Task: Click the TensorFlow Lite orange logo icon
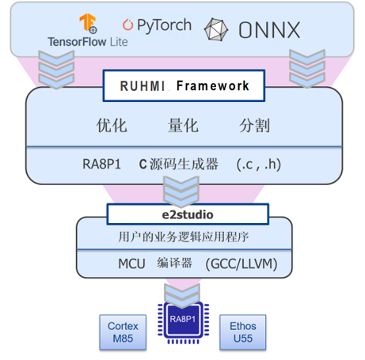pyautogui.click(x=88, y=23)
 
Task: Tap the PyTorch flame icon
pyautogui.click(x=127, y=25)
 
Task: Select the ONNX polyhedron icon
pyautogui.click(x=216, y=29)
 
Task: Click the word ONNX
pyautogui.click(x=269, y=30)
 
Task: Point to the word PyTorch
pyautogui.click(x=164, y=25)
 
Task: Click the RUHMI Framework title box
pyautogui.click(x=184, y=85)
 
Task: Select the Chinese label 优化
pyautogui.click(x=112, y=125)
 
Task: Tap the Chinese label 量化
pyautogui.click(x=183, y=125)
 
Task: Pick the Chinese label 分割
pyautogui.click(x=254, y=126)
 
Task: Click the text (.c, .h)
pyautogui.click(x=259, y=165)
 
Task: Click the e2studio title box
pyautogui.click(x=188, y=214)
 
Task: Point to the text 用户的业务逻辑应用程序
pyautogui.click(x=184, y=237)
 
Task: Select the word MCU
pyautogui.click(x=131, y=263)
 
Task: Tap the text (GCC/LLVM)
pyautogui.click(x=241, y=264)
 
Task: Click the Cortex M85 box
pyautogui.click(x=123, y=332)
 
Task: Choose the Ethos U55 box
pyautogui.click(x=243, y=332)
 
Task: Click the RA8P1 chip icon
pyautogui.click(x=184, y=320)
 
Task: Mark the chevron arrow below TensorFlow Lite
pyautogui.click(x=56, y=70)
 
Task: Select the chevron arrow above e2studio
pyautogui.click(x=181, y=191)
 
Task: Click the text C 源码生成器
pyautogui.click(x=179, y=164)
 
